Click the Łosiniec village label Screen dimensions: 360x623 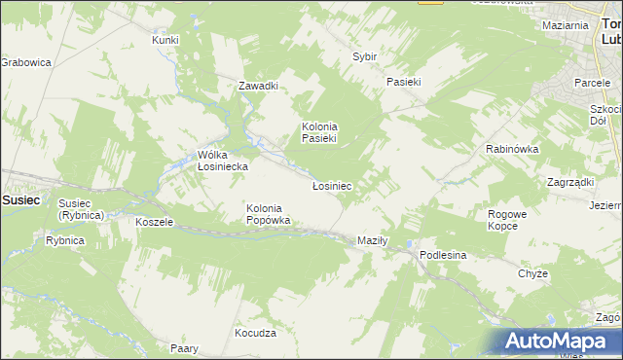point(331,185)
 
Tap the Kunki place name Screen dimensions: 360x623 point(165,40)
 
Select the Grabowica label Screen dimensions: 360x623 point(25,62)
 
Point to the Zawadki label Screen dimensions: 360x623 point(259,86)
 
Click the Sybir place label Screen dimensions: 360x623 point(364,57)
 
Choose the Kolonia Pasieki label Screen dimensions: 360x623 point(318,132)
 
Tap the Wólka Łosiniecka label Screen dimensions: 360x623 point(222,161)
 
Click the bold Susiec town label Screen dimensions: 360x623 point(20,199)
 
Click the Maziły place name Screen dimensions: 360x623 point(372,239)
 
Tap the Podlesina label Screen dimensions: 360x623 point(443,255)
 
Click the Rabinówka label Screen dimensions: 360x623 point(512,149)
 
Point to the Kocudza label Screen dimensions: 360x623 point(255,333)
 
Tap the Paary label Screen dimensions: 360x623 point(184,348)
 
